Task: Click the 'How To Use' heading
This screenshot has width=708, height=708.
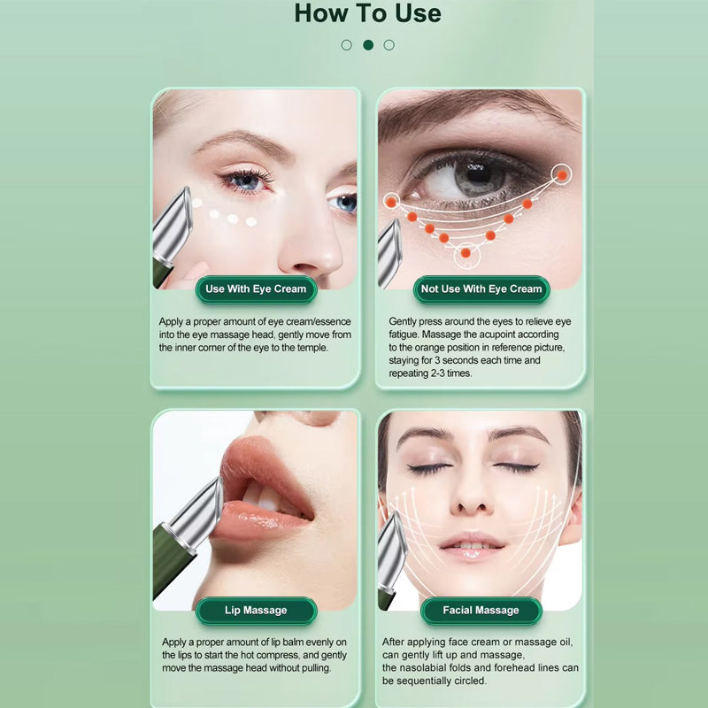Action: pos(367,13)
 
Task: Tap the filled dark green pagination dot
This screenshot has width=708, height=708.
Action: pos(368,45)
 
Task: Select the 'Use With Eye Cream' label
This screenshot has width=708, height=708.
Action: pos(256,289)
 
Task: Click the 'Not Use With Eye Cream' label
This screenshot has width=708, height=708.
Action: pos(481,289)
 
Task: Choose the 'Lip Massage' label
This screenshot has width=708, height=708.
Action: pos(256,611)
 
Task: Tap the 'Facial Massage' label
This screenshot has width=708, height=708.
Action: pos(481,611)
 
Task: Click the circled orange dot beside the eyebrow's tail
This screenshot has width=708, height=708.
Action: pos(562,175)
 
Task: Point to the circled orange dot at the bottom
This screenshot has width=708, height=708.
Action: pos(466,253)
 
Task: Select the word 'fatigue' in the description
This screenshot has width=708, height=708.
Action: pos(404,335)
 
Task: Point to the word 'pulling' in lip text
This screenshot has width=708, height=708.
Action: pos(315,668)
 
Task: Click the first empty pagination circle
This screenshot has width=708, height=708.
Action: pos(346,45)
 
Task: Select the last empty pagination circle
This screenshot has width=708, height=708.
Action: pos(389,45)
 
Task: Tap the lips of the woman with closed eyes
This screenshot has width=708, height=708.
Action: pos(471,545)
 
